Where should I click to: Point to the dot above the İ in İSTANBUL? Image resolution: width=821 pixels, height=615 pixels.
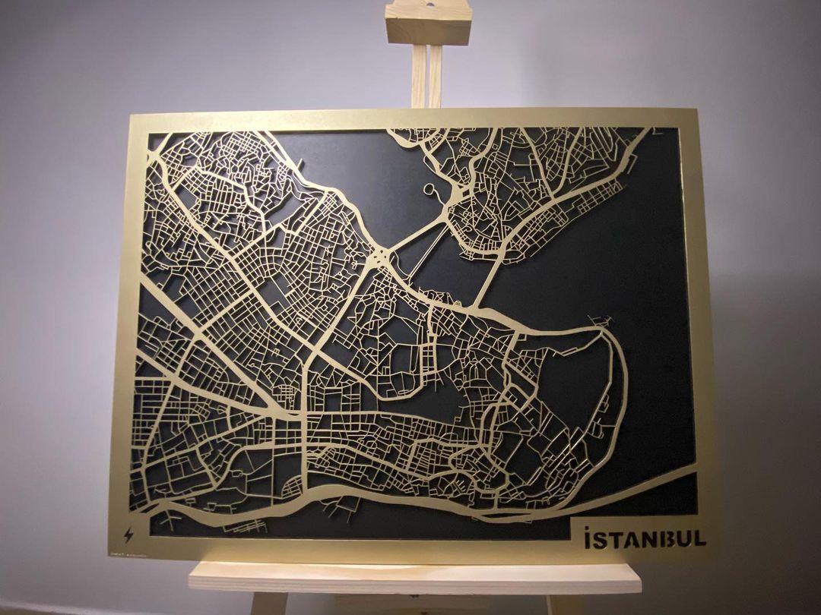click(x=588, y=527)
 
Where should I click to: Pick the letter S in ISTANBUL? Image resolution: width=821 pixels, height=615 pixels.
click(x=601, y=539)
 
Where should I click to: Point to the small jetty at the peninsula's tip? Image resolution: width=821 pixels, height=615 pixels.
click(x=604, y=319)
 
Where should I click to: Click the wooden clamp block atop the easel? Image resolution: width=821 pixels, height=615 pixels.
click(x=428, y=23)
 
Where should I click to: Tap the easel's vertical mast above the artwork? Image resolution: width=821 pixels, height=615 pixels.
click(x=426, y=76)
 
